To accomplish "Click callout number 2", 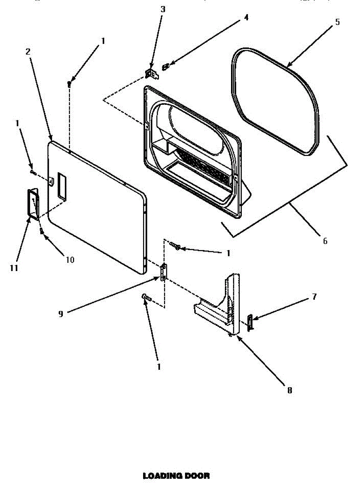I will pos(28,51).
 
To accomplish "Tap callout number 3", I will pos(162,10).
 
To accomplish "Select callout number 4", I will pos(246,17).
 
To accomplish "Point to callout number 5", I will pos(337,22).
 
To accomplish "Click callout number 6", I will pos(325,241).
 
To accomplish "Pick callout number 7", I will pos(314,297).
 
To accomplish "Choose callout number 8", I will pos(289,390).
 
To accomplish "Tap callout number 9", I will pos(60,313).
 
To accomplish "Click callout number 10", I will pos(70,260).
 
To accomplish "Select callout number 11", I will pos(14,268).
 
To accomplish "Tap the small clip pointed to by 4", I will pos(164,67).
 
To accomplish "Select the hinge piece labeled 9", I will pos(164,272).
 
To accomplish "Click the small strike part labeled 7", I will pos(250,322).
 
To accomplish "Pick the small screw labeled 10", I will pos(42,231).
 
